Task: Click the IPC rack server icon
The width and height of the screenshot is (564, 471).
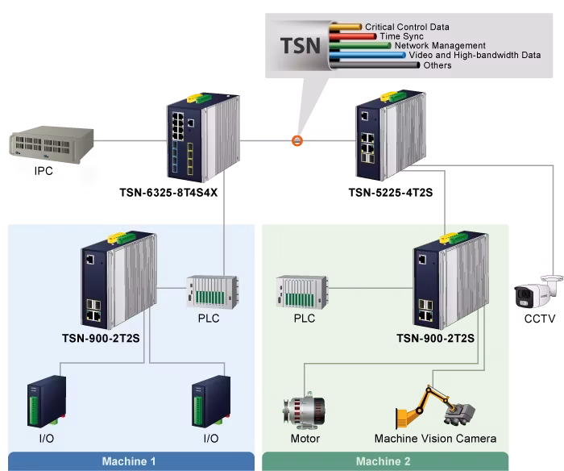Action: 52,144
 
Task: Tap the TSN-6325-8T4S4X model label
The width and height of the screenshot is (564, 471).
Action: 168,193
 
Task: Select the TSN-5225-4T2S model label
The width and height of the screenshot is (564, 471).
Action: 391,193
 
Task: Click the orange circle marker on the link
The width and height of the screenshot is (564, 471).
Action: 297,141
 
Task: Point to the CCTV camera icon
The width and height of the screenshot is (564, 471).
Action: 537,293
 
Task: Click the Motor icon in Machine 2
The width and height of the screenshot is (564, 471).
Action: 305,411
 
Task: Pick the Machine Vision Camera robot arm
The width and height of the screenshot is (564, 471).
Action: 435,407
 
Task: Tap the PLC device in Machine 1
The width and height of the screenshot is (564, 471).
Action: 212,292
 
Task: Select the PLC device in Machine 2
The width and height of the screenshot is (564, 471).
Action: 302,292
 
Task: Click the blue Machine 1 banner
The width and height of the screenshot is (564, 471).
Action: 131,461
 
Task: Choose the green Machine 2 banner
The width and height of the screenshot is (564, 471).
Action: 385,461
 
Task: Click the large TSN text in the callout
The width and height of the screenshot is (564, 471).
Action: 301,46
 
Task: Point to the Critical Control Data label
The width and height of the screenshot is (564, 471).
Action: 407,27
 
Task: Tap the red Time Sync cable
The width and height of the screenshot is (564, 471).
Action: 353,36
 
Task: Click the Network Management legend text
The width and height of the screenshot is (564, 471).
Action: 440,45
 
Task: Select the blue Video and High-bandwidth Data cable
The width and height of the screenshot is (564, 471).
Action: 367,55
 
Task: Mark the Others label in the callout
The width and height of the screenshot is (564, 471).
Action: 438,65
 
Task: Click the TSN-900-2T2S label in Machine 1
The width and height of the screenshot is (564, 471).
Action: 101,339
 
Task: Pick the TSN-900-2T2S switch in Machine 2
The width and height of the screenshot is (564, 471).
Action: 451,280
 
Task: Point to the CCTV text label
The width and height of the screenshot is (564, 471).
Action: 540,319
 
